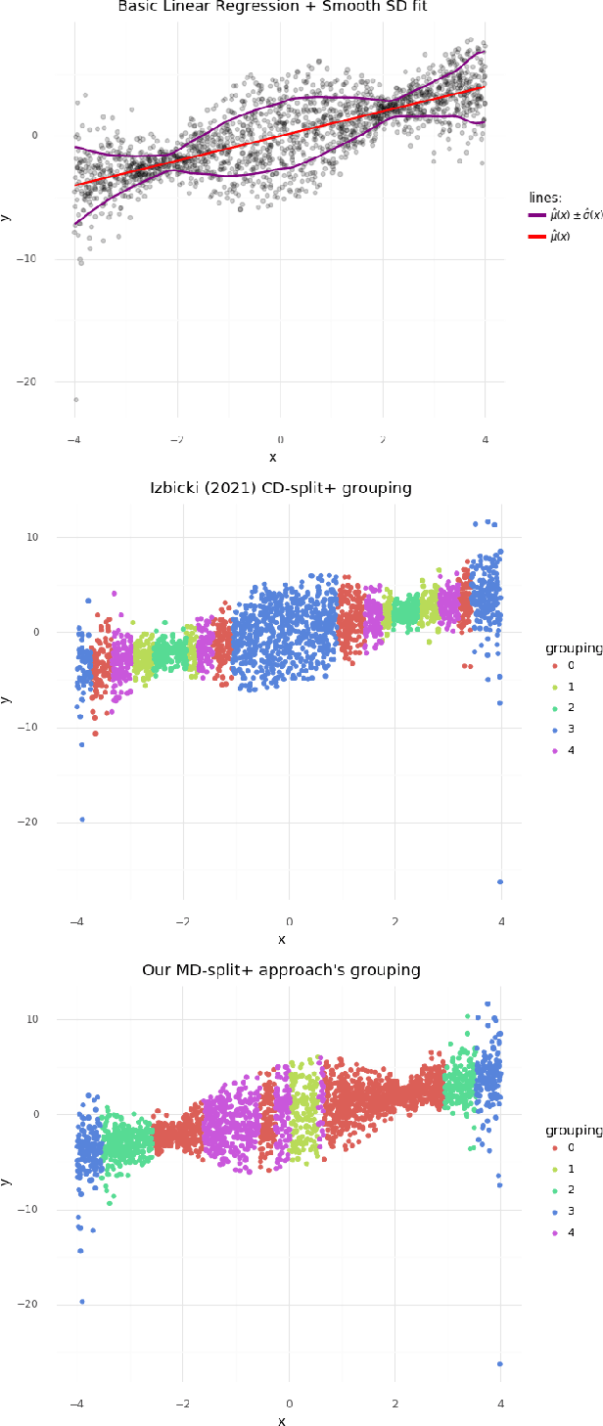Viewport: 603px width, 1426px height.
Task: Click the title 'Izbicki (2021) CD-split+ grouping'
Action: (281, 488)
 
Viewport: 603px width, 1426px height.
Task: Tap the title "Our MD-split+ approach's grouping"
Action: (281, 970)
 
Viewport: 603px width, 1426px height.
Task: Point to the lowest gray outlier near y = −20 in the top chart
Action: (75, 399)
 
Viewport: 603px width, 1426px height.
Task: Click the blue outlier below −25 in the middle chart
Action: (500, 881)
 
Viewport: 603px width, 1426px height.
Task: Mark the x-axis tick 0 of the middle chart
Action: (288, 920)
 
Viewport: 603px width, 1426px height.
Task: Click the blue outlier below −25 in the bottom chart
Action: (500, 1363)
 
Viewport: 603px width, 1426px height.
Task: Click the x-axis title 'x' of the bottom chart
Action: (283, 1419)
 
